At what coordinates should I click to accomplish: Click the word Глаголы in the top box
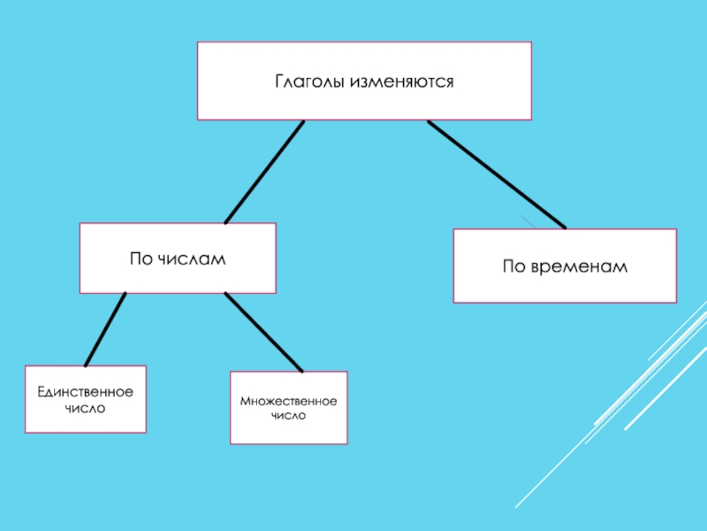[x=309, y=81]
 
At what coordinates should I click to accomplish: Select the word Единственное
[x=85, y=391]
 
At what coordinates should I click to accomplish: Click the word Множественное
[x=288, y=402]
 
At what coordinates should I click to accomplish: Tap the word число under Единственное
[x=85, y=409]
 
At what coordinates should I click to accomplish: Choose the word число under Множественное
[x=288, y=415]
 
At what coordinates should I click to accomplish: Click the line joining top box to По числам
[x=264, y=172]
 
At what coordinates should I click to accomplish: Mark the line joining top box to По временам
[x=497, y=174]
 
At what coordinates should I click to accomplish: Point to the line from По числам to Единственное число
[x=105, y=329]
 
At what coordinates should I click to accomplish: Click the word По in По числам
[x=141, y=258]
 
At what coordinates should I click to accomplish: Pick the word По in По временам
[x=514, y=266]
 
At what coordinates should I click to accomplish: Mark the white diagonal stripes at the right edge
[x=654, y=372]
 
